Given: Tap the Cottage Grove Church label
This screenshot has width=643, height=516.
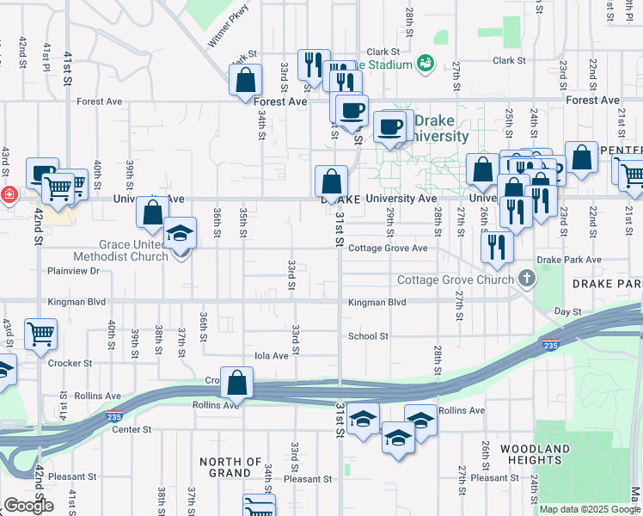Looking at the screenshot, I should tap(454, 279).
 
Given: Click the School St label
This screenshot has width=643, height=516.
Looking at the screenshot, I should tap(368, 336).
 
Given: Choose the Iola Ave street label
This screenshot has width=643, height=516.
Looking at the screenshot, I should tap(272, 355).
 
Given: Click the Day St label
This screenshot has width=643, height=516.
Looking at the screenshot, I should tap(568, 311).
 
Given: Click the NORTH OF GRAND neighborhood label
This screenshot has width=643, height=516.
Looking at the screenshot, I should tap(230, 467).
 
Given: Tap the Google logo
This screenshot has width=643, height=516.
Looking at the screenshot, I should tap(29, 505).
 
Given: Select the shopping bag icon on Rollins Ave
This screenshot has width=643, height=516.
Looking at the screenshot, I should tap(236, 383).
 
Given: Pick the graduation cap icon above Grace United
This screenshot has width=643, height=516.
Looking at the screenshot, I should tap(181, 232).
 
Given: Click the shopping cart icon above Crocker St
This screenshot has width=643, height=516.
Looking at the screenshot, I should tap(40, 333).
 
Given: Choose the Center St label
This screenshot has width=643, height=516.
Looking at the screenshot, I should tap(132, 429).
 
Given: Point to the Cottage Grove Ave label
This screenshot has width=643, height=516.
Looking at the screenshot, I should tap(388, 249).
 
